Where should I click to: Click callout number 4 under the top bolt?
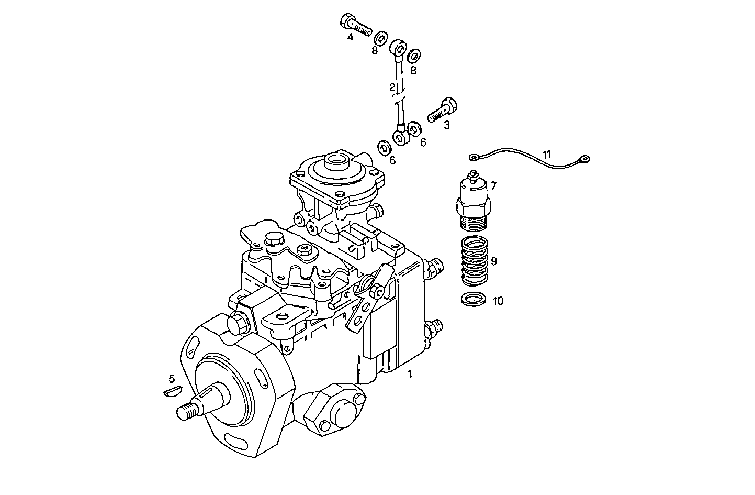(x=350, y=37)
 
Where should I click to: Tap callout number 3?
(x=446, y=125)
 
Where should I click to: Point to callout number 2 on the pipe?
(x=392, y=86)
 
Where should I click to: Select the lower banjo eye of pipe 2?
(x=400, y=138)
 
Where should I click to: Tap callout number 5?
(x=171, y=378)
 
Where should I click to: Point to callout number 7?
(x=493, y=185)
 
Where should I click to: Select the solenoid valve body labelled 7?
(x=474, y=202)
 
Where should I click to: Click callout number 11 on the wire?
(x=547, y=154)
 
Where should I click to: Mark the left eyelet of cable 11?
(x=475, y=156)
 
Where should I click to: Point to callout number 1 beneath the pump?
(x=410, y=373)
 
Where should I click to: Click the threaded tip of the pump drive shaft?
(x=186, y=412)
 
